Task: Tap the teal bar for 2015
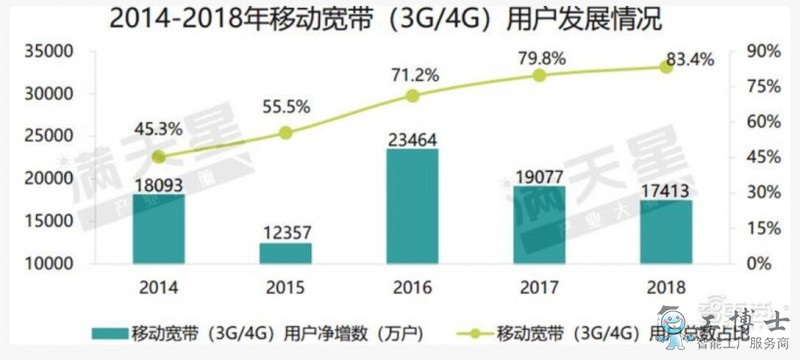coord(285,253)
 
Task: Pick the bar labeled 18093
coord(158,229)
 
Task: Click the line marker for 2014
coord(158,157)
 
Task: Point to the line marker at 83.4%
coord(666,67)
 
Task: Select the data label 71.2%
coord(412,73)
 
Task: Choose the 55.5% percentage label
coord(285,106)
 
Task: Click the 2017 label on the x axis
coord(539,288)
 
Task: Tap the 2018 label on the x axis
coord(666,288)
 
